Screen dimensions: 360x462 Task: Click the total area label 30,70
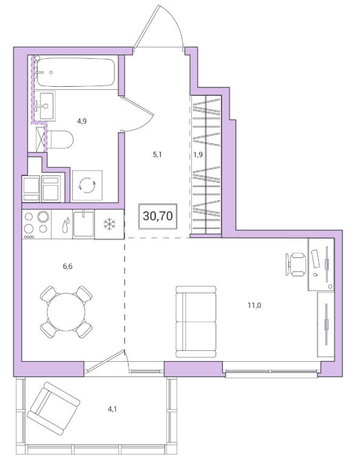click(x=158, y=216)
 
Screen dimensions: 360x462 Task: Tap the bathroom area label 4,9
click(x=81, y=121)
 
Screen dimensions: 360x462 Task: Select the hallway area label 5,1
click(x=157, y=154)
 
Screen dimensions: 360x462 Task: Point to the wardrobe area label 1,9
click(x=199, y=154)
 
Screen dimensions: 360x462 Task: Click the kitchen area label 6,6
click(x=67, y=267)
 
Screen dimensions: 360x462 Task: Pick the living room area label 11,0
click(x=254, y=305)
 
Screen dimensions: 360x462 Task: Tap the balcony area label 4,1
click(x=112, y=409)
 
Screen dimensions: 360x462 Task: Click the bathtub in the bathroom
click(x=75, y=72)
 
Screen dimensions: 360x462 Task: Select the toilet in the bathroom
click(x=60, y=140)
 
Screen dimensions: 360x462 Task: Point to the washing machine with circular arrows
click(x=87, y=185)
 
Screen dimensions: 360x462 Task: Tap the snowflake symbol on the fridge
click(x=109, y=224)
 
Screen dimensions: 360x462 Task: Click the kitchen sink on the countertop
click(x=83, y=223)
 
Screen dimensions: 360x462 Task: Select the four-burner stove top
click(x=36, y=224)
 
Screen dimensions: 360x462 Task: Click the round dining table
click(x=66, y=311)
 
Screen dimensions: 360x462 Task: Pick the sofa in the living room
click(x=196, y=322)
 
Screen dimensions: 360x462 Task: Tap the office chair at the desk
click(x=296, y=264)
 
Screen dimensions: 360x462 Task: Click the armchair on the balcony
click(x=53, y=409)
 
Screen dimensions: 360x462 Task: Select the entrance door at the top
click(x=159, y=27)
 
